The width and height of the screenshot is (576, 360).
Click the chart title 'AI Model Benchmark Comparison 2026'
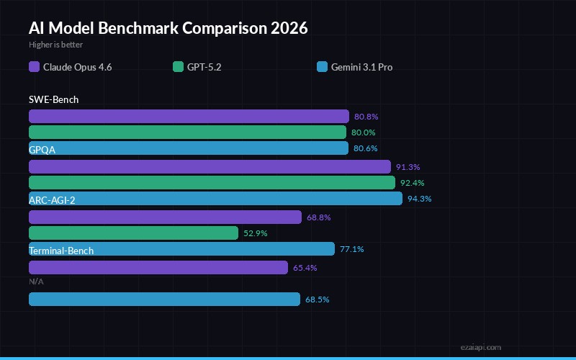click(168, 28)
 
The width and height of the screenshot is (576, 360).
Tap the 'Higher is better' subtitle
click(55, 45)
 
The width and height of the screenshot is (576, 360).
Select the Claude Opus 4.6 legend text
click(77, 67)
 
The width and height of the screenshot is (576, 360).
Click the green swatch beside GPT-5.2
click(178, 67)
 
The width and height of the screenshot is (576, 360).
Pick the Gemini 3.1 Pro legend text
click(361, 67)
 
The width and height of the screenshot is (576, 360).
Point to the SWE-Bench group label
click(54, 99)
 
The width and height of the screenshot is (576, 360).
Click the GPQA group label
click(42, 150)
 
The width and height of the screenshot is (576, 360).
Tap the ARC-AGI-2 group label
click(52, 200)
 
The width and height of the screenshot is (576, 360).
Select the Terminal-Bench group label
click(61, 251)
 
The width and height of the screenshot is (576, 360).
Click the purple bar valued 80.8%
click(189, 117)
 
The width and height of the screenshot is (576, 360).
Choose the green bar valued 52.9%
click(133, 233)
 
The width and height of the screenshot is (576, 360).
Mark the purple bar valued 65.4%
click(158, 268)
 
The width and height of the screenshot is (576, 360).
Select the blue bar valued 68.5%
click(164, 300)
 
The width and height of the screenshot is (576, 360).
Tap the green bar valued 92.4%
click(212, 183)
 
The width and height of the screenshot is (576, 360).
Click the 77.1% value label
click(352, 249)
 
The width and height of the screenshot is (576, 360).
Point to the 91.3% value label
click(408, 167)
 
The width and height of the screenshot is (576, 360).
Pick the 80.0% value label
click(364, 132)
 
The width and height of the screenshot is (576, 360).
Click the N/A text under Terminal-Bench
click(36, 282)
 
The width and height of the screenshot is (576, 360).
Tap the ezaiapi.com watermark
click(481, 347)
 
